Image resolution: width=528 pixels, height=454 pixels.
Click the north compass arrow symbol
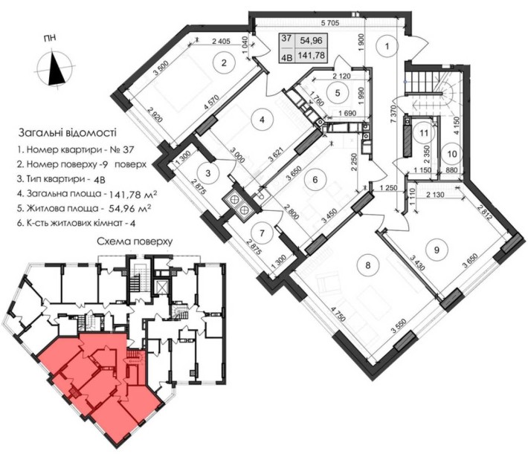coord(57,70)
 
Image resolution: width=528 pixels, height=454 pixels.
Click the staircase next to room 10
coord(440,89)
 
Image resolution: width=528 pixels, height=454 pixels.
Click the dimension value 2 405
coord(220,42)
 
